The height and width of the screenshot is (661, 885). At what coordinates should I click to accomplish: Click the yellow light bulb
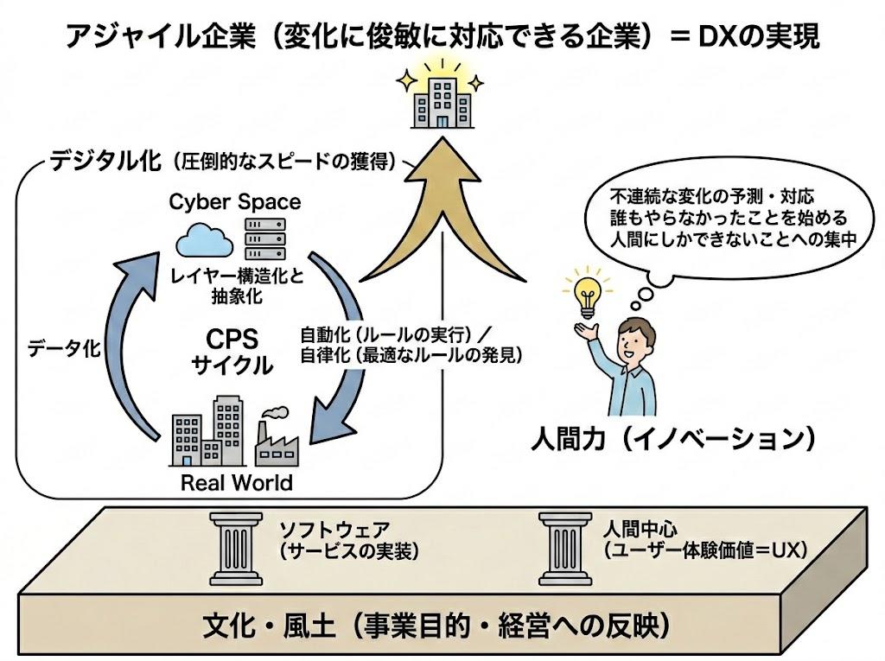point(586,291)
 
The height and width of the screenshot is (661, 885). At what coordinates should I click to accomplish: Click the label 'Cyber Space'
point(234,202)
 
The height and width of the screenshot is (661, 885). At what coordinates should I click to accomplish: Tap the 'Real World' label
point(236,482)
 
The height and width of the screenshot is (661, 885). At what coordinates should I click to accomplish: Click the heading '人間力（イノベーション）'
point(674,439)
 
